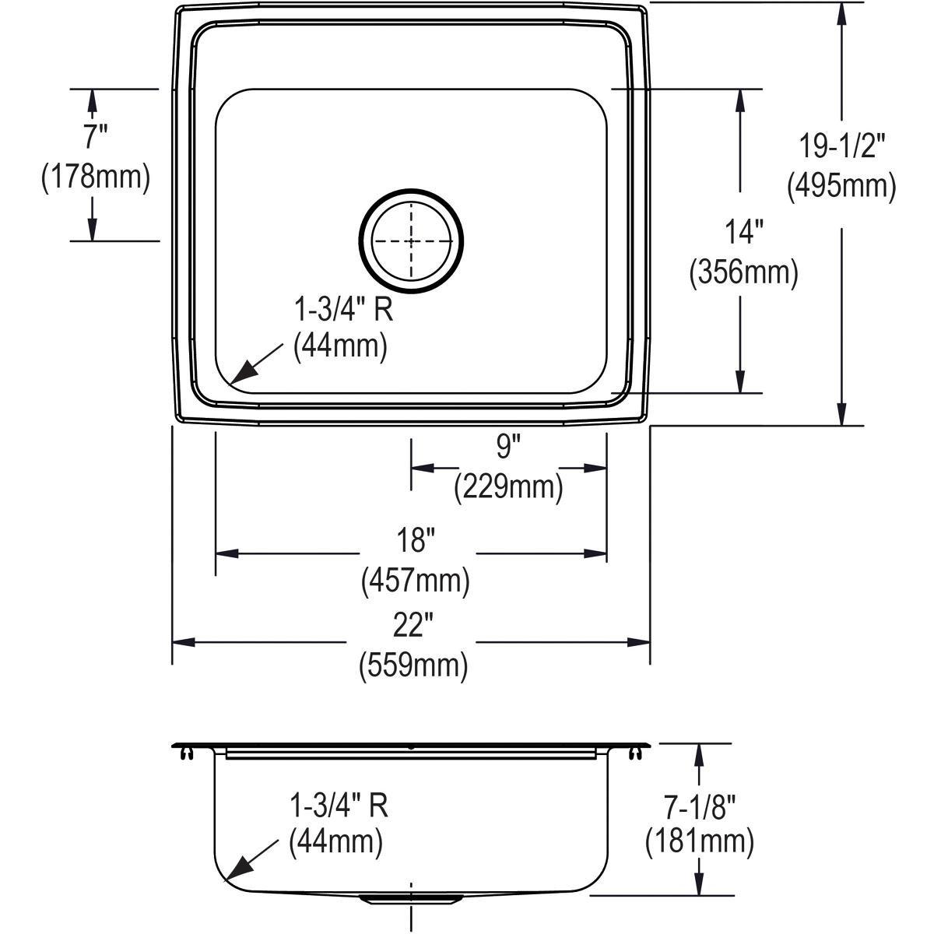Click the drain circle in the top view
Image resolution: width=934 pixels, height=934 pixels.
pos(411,241)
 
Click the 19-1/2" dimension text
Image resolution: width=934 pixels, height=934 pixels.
pos(843,146)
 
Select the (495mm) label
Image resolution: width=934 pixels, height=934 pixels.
pos(841,187)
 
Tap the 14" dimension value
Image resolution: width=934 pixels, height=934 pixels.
pos(743,231)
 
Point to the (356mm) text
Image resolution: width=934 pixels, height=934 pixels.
pos(743,272)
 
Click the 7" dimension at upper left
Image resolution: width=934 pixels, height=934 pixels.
pos(95,137)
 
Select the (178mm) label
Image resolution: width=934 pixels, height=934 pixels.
pos(95,177)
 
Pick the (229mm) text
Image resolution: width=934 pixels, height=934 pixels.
pos(508,487)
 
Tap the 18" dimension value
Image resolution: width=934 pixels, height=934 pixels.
pos(415,539)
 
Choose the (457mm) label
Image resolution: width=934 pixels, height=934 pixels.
pos(415,581)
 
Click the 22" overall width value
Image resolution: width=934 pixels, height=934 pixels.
pos(413,624)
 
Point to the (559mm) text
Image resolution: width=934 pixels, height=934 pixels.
pos(413,666)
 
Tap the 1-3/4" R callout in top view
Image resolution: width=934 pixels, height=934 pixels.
pos(342,311)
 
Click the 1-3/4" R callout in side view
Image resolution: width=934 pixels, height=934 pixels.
pos(339,806)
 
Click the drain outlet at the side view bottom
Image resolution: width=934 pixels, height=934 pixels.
pos(411,900)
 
